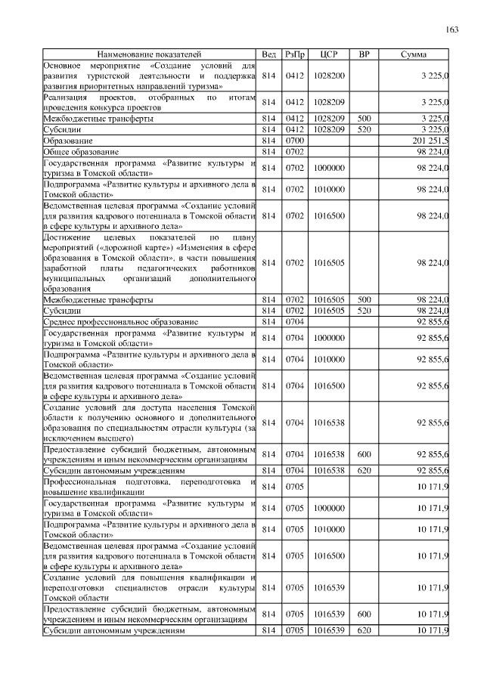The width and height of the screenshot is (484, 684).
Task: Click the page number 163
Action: point(452,30)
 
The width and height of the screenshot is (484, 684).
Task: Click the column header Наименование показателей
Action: point(150,55)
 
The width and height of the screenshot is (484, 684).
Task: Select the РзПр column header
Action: point(295,55)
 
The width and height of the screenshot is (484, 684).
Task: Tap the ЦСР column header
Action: point(329,55)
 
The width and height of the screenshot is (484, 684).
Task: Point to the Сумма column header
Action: point(413,55)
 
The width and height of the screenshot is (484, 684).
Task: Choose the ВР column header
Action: point(365,55)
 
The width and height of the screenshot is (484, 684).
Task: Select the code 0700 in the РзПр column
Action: point(295,141)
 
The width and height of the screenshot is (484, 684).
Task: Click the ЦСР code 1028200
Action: point(329,76)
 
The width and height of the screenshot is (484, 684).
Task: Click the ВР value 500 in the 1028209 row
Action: point(365,119)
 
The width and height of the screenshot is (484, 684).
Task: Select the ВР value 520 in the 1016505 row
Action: point(365,311)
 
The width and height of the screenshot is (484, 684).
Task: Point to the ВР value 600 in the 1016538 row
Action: point(365,454)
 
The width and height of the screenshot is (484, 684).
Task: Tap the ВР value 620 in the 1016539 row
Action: point(365,630)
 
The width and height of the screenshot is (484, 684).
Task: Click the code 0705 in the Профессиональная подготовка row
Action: point(295,486)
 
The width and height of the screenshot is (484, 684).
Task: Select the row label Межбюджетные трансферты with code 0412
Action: point(99,119)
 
